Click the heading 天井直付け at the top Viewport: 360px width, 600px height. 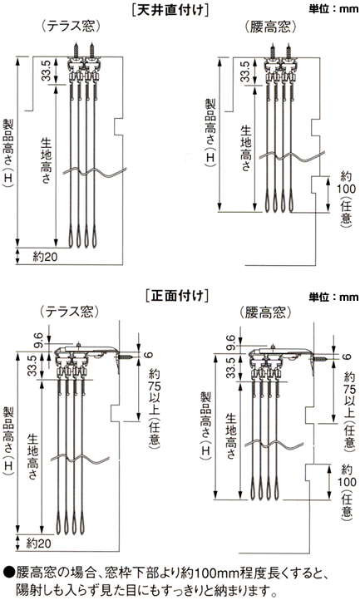[170, 9]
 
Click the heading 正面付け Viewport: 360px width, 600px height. [177, 296]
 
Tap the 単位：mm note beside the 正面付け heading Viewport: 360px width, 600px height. [333, 297]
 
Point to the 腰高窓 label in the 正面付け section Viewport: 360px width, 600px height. [265, 312]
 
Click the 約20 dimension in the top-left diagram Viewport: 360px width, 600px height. [45, 257]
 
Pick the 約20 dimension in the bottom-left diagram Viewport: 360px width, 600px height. [38, 543]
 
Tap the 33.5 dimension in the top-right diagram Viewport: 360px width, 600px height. [245, 71]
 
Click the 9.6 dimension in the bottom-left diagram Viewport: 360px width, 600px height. [38, 341]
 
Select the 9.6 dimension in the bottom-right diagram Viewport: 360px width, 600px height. [230, 342]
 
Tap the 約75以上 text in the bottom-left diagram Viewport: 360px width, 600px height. [154, 393]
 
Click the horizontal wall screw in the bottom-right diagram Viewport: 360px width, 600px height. [322, 360]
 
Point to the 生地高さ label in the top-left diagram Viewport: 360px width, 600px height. [46, 160]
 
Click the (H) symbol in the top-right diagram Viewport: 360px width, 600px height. [210, 157]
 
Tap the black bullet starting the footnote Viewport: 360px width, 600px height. [9, 573]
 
